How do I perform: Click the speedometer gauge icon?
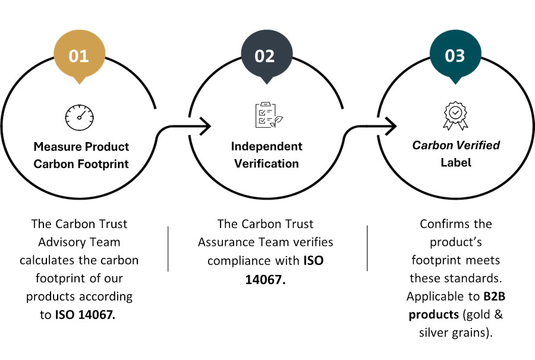[x=80, y=118]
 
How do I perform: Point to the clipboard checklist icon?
[x=269, y=115]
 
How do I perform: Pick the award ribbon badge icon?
[x=455, y=116]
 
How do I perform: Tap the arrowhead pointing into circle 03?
[x=391, y=126]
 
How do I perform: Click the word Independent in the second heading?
[x=266, y=146]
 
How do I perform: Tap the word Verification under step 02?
[x=266, y=163]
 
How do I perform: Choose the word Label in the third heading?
[x=456, y=162]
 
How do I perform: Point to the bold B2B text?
[x=495, y=296]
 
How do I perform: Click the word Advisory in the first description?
[x=59, y=242]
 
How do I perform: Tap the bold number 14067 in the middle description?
[x=266, y=280]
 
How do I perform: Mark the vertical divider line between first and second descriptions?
[x=168, y=248]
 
